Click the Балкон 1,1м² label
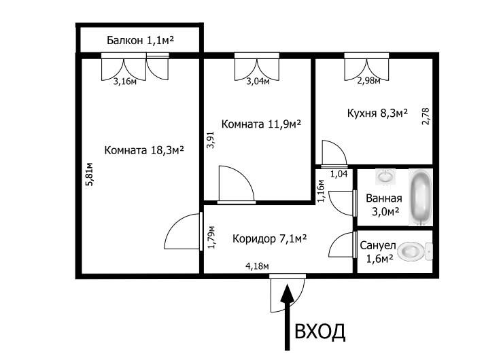coord(140,40)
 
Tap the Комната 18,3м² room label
coord(144,150)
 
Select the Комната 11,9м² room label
coord(261,124)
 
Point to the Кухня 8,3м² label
coord(377,113)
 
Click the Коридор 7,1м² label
coord(270,238)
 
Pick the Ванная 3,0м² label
coord(384,205)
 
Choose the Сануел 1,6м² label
coord(378,252)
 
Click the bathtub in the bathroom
coord(421,197)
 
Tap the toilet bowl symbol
coord(416,251)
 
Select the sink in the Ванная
coord(385,177)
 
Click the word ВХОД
coord(319,331)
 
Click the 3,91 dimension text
coord(210,140)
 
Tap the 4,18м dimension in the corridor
coord(257,266)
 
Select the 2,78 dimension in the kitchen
coord(426,116)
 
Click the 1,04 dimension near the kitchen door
coord(339,174)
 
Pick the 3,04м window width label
coord(258,82)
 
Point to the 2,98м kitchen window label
coord(368,81)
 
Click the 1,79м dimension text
coord(211,237)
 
